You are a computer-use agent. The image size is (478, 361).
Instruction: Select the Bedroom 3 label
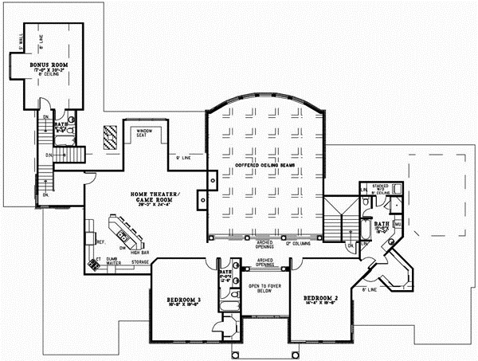[x=182, y=301]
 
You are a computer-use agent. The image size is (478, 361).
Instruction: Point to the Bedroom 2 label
[x=321, y=300]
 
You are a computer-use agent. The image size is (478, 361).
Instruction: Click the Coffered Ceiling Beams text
[x=265, y=166]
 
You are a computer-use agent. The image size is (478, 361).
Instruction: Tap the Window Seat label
[x=144, y=132]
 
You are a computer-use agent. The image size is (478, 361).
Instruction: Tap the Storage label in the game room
[x=141, y=261]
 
